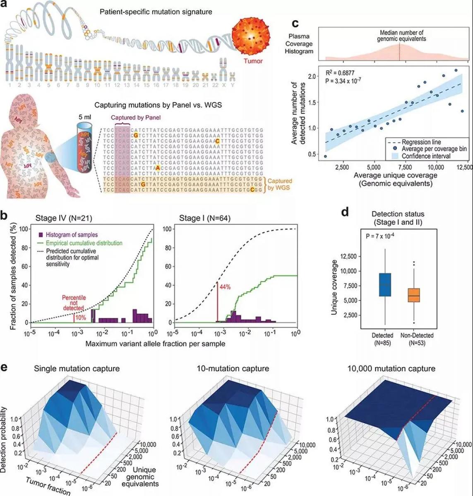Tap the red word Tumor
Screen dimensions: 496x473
(x=253, y=61)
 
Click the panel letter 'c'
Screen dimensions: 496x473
(x=295, y=24)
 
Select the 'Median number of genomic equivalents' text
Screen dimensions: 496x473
(x=401, y=36)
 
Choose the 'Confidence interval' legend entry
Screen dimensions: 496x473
(x=426, y=156)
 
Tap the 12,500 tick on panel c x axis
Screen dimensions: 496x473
(x=462, y=168)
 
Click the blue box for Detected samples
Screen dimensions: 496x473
(x=385, y=285)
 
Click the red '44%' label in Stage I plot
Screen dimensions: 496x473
(x=225, y=287)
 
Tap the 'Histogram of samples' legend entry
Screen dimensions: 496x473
(x=72, y=235)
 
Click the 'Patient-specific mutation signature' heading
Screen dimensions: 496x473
(x=156, y=12)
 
